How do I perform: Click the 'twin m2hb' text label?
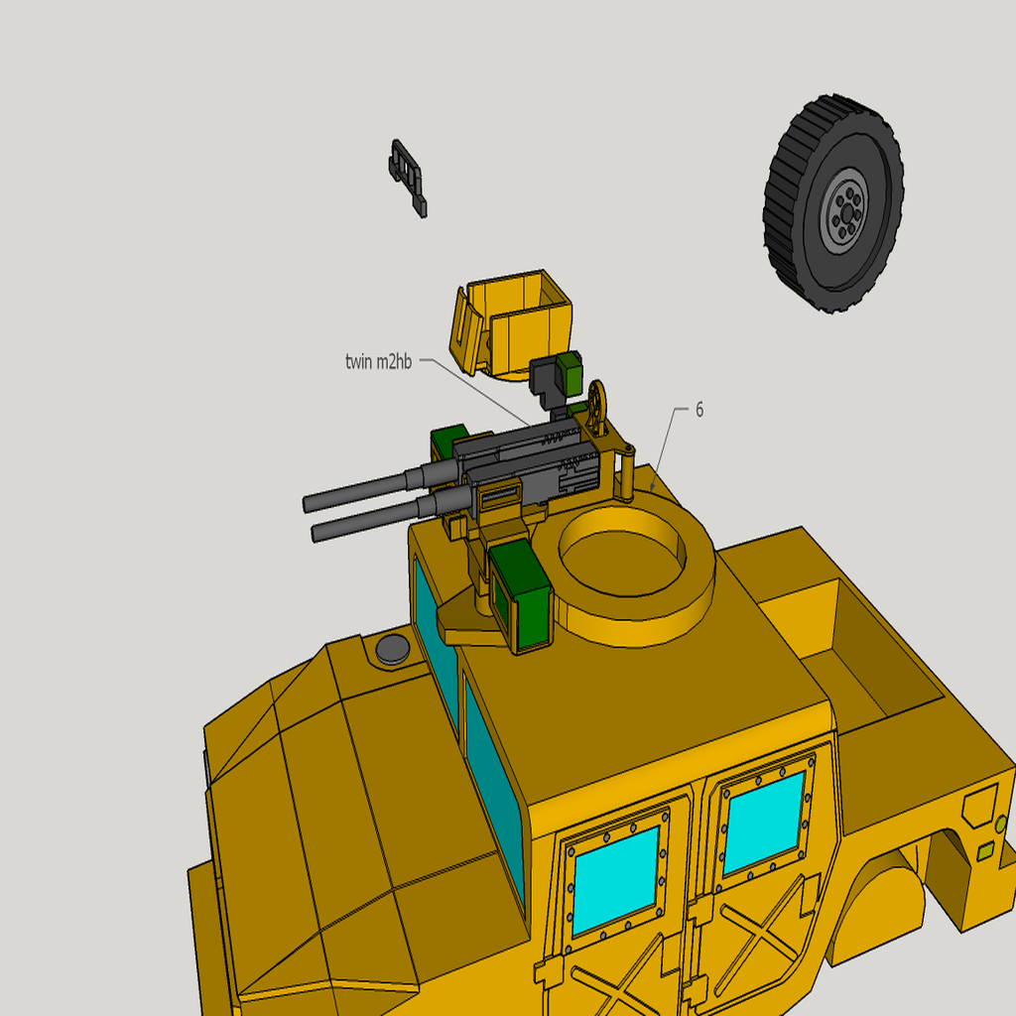point(378,362)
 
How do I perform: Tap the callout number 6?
point(699,410)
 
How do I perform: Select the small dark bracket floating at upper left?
point(408,176)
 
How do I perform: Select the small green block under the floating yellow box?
point(569,373)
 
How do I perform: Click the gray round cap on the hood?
point(392,650)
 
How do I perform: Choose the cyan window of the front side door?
point(614,879)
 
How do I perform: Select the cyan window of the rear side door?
point(763,822)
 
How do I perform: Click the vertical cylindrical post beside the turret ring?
point(627,473)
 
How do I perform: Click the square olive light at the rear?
point(985,851)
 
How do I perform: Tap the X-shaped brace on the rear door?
point(759,923)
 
